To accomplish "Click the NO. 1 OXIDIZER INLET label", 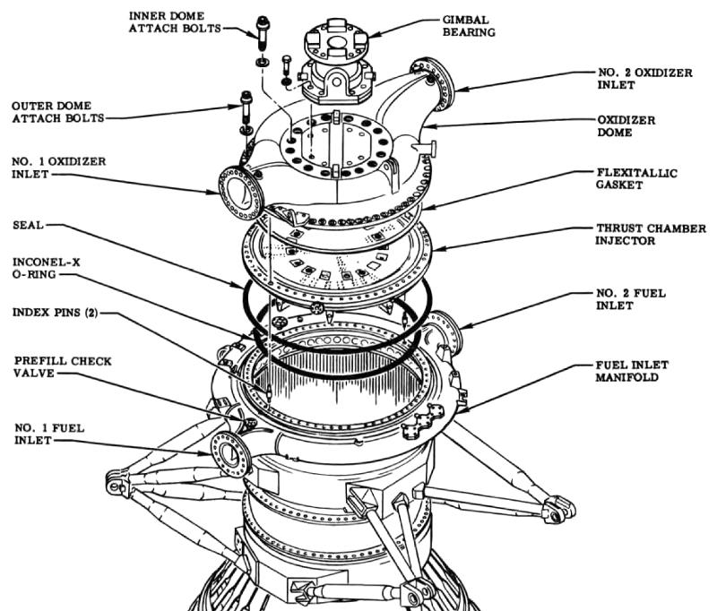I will (x=58, y=168).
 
